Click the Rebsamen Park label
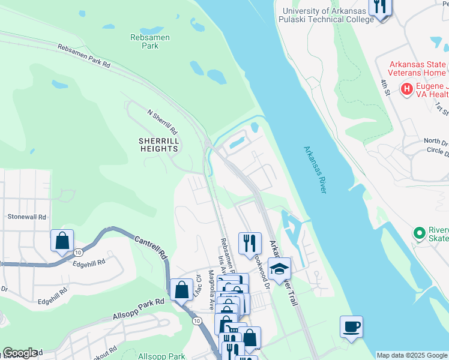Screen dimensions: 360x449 tap(150, 41)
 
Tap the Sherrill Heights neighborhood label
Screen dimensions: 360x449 tap(159, 144)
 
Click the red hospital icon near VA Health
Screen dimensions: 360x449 tap(407, 89)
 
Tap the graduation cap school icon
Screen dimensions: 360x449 tap(279, 269)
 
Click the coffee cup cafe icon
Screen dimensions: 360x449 tap(351, 326)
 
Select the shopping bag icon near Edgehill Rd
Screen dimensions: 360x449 tap(62, 241)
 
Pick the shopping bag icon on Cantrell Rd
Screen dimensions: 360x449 tap(181, 290)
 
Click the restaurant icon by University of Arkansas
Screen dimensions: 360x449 tap(379, 7)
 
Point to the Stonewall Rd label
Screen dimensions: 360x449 tap(26, 217)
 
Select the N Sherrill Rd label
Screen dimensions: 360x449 tap(163, 121)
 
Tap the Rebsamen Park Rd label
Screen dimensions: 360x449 tap(84, 55)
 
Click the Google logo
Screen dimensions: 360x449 tap(20, 353)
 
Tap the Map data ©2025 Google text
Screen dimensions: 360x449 tap(412, 355)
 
